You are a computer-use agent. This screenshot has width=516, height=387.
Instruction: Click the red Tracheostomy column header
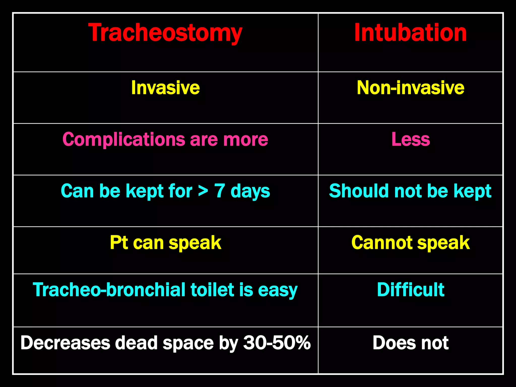[165, 33]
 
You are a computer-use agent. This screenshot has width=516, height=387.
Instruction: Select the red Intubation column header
[410, 33]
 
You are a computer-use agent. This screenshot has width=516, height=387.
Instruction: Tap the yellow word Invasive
[166, 88]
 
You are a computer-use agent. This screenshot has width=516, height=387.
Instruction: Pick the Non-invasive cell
[410, 88]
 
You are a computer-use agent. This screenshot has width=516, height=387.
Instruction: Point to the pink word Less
[410, 139]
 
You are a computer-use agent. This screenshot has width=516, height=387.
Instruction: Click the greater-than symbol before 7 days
[203, 191]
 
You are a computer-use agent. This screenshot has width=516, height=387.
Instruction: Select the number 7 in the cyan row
[219, 191]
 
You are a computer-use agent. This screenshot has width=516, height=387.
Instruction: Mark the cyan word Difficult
[410, 290]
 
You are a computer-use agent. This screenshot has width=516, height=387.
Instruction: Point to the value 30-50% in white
[277, 343]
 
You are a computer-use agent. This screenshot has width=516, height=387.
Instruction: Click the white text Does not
[410, 343]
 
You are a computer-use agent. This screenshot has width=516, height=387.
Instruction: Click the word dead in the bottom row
[136, 343]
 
